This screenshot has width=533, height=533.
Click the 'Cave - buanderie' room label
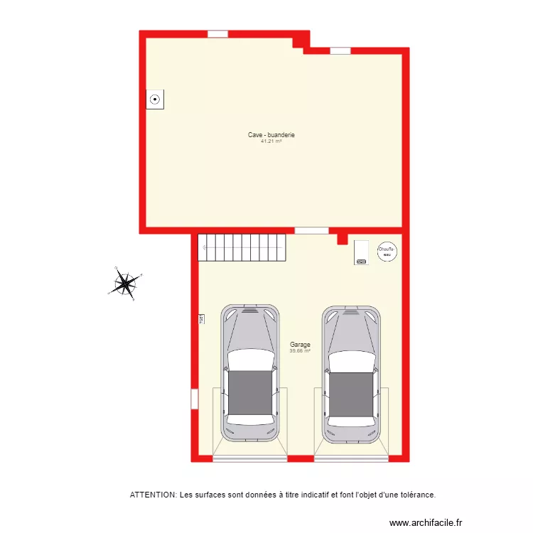point(271,135)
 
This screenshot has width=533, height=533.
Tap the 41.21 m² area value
point(271,141)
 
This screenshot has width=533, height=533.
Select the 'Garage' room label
point(300,345)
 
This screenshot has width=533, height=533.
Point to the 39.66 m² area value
point(300,350)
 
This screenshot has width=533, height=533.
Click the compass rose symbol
point(126,284)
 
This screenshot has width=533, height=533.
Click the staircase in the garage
point(242,247)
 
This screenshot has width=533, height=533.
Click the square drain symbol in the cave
point(155,100)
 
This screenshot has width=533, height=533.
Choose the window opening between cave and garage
point(311,230)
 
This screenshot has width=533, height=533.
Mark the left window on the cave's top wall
point(217,33)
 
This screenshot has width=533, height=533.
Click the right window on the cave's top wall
point(340,50)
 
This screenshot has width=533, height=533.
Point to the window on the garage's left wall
point(194,398)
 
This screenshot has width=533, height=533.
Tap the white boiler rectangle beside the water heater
point(361,252)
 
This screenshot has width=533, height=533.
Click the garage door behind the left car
point(249,458)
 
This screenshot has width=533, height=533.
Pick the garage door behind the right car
point(351,458)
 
